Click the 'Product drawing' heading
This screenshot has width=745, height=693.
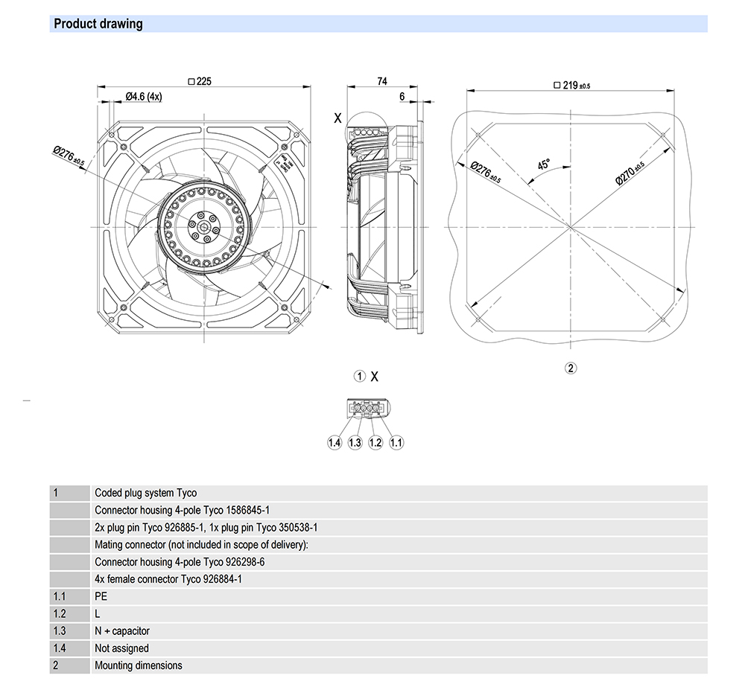point(98,24)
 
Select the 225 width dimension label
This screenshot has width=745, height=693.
point(200,82)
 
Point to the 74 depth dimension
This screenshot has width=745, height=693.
point(382,82)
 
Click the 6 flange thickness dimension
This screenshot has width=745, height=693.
point(402,96)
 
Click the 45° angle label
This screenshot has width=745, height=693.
point(544,165)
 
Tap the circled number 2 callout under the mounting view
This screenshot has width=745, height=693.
point(571,368)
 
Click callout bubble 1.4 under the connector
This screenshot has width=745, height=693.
point(335,443)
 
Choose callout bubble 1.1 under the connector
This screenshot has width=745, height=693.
point(396,443)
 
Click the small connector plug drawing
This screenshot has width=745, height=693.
point(366,408)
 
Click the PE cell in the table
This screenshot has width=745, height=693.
point(101,596)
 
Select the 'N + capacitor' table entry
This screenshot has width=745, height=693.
point(122,630)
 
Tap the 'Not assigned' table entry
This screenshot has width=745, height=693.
point(121,648)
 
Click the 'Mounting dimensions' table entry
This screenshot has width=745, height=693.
point(138,665)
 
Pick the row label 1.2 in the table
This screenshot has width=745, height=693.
point(60,613)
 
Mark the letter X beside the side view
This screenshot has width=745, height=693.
point(337,118)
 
